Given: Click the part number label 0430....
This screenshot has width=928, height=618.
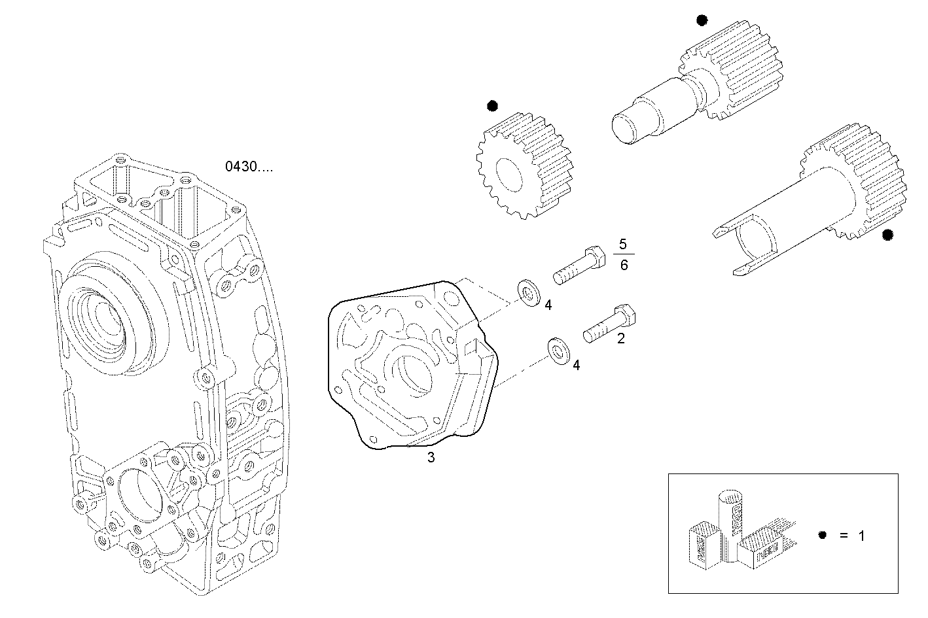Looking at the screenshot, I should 249,167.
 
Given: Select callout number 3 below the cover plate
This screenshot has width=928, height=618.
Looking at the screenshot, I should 431,458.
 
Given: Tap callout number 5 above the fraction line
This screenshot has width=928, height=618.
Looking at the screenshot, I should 622,245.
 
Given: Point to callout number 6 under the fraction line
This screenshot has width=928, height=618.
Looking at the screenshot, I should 623,266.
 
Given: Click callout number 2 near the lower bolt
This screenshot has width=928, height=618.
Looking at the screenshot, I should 620,338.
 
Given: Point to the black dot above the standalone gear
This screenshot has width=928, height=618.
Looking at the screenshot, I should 492,105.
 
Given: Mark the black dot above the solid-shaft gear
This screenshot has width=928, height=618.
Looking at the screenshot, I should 702,21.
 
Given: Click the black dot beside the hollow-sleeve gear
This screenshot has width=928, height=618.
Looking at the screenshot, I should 887,235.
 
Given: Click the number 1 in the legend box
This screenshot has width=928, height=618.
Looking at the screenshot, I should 861,536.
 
